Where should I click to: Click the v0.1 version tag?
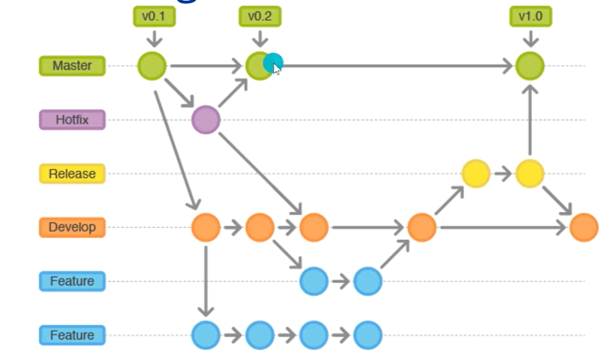pos(154,17)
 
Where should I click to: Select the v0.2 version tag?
pos(260,17)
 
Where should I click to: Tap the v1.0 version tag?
pos(531,17)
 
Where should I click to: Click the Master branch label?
pos(72,66)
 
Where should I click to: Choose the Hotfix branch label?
pos(72,120)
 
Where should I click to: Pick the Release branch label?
pos(72,174)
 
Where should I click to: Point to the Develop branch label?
pos(72,227)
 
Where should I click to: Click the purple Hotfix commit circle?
pos(206,120)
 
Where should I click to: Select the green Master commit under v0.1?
pos(152,66)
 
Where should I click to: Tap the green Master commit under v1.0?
pos(530,66)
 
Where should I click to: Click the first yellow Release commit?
pos(476,174)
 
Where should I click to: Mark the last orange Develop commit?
pos(584,227)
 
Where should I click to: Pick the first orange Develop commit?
pos(206,227)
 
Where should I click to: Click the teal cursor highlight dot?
pos(273,63)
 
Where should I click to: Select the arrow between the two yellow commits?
pos(503,174)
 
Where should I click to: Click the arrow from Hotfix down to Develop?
pos(259,172)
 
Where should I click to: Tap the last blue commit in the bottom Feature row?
pos(368,335)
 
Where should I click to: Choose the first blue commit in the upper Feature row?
pos(314,281)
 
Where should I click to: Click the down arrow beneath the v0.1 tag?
pos(154,38)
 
